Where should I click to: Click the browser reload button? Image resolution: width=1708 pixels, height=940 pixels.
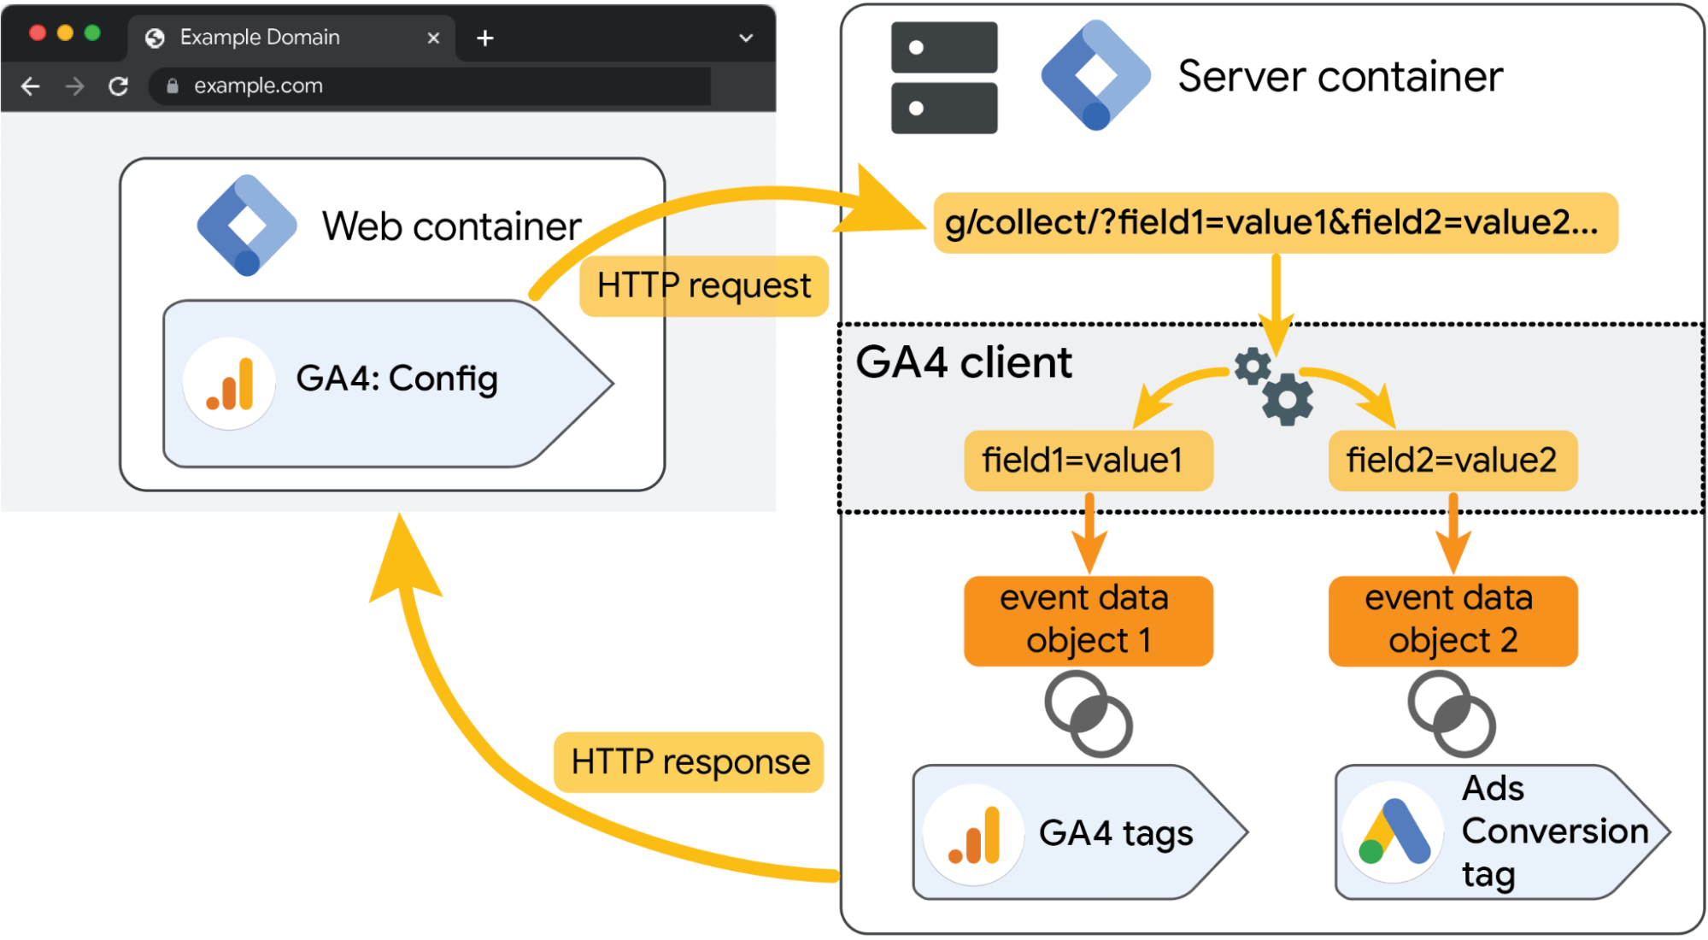click(119, 86)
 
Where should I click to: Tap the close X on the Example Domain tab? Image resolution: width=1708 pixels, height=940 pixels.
click(433, 38)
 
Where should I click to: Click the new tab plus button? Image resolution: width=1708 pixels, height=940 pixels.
click(485, 38)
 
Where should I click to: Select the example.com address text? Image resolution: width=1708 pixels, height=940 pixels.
click(258, 86)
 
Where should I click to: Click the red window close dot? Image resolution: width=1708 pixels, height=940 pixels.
click(38, 32)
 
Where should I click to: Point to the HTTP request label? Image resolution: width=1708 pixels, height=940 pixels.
click(703, 286)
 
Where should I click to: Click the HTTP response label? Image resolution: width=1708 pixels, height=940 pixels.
click(689, 761)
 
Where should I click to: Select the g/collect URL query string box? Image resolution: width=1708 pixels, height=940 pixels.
click(1275, 223)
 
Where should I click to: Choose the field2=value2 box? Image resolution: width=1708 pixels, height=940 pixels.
click(1453, 461)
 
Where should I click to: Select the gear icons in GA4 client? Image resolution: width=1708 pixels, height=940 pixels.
click(1275, 386)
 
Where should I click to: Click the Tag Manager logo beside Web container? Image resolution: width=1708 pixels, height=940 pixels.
click(247, 226)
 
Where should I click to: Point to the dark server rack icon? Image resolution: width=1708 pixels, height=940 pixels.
click(943, 78)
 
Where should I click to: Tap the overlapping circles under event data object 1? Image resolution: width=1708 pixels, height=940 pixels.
click(1088, 714)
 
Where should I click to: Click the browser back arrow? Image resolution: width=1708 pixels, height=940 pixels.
click(31, 86)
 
